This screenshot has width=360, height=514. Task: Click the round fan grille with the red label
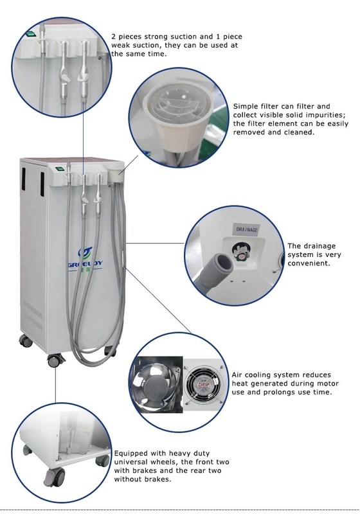point(204,387)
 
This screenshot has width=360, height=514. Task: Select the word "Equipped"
point(132,453)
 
